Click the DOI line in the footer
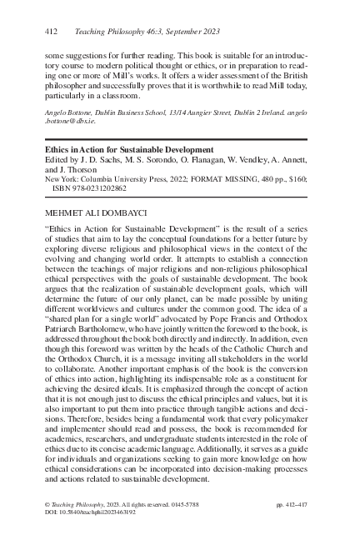point(87,514)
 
